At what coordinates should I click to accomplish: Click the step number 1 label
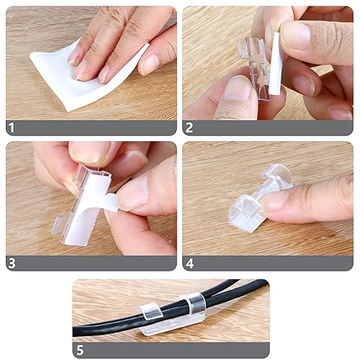12,127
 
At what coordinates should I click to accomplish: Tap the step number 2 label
189,127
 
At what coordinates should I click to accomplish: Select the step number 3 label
12,263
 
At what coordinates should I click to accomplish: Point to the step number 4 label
189,264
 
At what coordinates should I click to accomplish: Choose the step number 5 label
80,351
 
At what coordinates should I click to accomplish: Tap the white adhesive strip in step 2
274,63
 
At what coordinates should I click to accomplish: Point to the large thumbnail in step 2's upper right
296,35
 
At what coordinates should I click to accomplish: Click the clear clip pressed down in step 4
259,200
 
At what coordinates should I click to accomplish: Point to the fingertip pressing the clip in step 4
276,202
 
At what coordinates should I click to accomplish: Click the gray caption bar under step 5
171,351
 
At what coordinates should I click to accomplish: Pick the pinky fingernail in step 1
149,63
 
